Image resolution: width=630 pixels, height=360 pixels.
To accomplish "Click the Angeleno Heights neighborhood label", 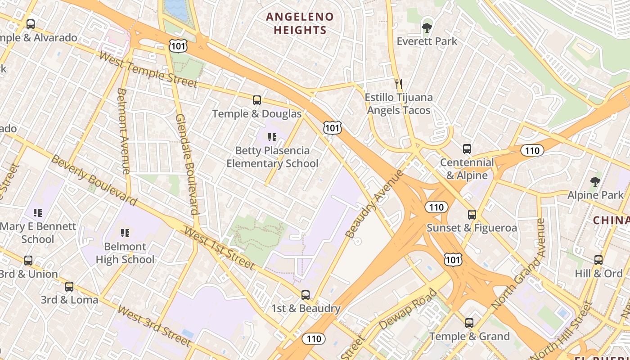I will [x=300, y=23].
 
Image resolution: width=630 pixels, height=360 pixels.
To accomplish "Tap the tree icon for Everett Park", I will [x=427, y=28].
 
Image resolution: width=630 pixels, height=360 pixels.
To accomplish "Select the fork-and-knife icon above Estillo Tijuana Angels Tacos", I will [x=398, y=84].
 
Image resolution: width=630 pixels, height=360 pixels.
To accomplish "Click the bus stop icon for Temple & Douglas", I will [x=257, y=100].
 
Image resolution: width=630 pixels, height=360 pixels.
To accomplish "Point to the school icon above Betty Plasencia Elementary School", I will [x=272, y=137].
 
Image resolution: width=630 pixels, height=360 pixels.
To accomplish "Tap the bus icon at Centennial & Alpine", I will [x=467, y=149].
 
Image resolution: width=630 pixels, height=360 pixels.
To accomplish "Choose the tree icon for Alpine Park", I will [x=595, y=182].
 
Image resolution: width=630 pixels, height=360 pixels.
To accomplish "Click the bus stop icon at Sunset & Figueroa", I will [x=472, y=215].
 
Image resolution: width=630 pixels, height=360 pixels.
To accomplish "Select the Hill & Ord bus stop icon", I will [x=598, y=260].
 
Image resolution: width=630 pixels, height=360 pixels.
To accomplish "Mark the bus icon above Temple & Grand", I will [x=469, y=323].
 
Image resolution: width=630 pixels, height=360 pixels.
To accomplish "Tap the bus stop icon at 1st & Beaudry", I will [x=306, y=295].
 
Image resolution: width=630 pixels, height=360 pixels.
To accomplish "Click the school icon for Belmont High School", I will [x=125, y=233].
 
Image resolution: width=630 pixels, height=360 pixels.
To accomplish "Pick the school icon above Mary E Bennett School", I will [x=38, y=212].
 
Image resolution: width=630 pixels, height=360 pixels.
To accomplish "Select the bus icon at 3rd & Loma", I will [x=69, y=287].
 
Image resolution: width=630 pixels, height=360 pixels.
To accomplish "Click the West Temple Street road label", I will [x=148, y=70].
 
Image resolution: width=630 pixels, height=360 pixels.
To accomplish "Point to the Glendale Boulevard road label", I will [x=187, y=164].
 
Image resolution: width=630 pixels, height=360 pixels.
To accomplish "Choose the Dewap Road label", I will [x=408, y=310].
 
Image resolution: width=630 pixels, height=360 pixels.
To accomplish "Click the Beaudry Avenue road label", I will [x=374, y=204].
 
